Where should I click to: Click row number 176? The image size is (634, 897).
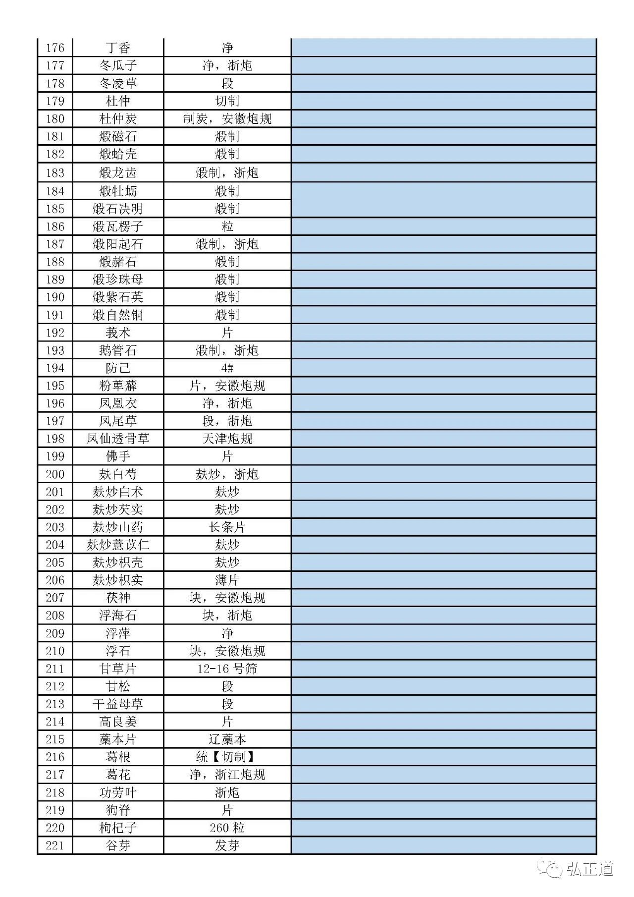coord(55,48)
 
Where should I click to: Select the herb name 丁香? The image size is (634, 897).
coord(118,48)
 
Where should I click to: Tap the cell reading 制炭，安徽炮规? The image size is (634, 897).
coord(227,119)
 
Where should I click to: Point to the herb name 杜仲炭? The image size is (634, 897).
coord(118,119)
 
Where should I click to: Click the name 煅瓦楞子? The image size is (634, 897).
coord(118,226)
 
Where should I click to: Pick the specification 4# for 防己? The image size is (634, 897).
coord(227,368)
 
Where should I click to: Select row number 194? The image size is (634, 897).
coord(55,368)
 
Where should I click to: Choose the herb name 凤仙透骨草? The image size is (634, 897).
coord(118,439)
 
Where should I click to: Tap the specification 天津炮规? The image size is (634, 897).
coord(227,439)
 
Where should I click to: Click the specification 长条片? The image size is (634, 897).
coord(227,527)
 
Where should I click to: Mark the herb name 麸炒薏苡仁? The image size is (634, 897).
coord(118,545)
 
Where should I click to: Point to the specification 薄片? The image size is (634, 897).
coord(227,580)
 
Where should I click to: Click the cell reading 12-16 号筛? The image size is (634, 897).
coord(227,669)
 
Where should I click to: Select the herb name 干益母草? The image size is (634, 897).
coord(118,704)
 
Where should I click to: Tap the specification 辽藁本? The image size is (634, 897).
coord(227,739)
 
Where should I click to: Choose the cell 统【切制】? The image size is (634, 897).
coord(227,757)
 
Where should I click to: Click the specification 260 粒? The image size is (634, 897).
coord(227,828)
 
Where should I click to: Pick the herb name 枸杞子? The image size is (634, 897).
coord(118,828)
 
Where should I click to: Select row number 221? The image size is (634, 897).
coord(55,845)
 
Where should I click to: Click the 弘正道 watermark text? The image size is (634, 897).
coord(589,869)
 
